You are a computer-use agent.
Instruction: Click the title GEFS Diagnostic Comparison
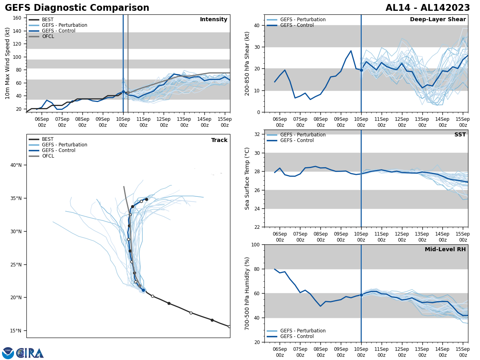click(77, 8)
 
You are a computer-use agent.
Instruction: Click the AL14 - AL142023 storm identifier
click(428, 8)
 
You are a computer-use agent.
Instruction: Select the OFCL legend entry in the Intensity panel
click(48, 36)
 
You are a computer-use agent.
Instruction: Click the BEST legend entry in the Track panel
click(48, 139)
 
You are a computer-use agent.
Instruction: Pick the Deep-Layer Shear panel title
click(438, 20)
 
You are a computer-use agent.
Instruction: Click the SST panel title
click(460, 135)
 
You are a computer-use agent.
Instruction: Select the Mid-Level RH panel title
click(445, 250)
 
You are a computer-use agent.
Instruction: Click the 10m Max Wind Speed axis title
click(8, 63)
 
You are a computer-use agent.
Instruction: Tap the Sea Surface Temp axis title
click(247, 178)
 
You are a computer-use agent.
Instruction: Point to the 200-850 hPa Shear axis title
click(247, 63)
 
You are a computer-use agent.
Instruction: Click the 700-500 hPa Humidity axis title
click(247, 293)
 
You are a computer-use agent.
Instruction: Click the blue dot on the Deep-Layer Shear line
click(361, 70)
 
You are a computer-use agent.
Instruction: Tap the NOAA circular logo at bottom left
click(8, 353)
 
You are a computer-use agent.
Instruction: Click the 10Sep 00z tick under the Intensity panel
click(123, 122)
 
